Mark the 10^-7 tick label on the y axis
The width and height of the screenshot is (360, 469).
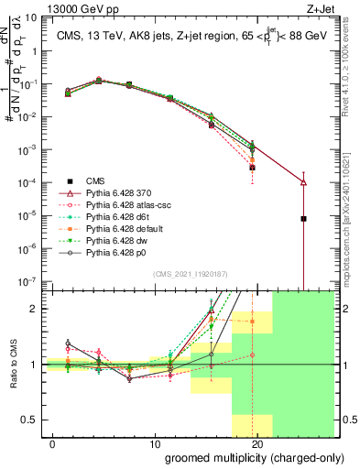(27, 282)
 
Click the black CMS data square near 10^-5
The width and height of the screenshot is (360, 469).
(303, 219)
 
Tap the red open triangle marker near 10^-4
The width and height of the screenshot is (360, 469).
(303, 182)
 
